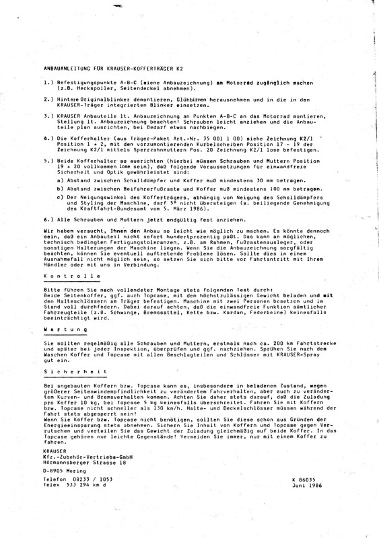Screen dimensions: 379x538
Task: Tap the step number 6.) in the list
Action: coord(48,219)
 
